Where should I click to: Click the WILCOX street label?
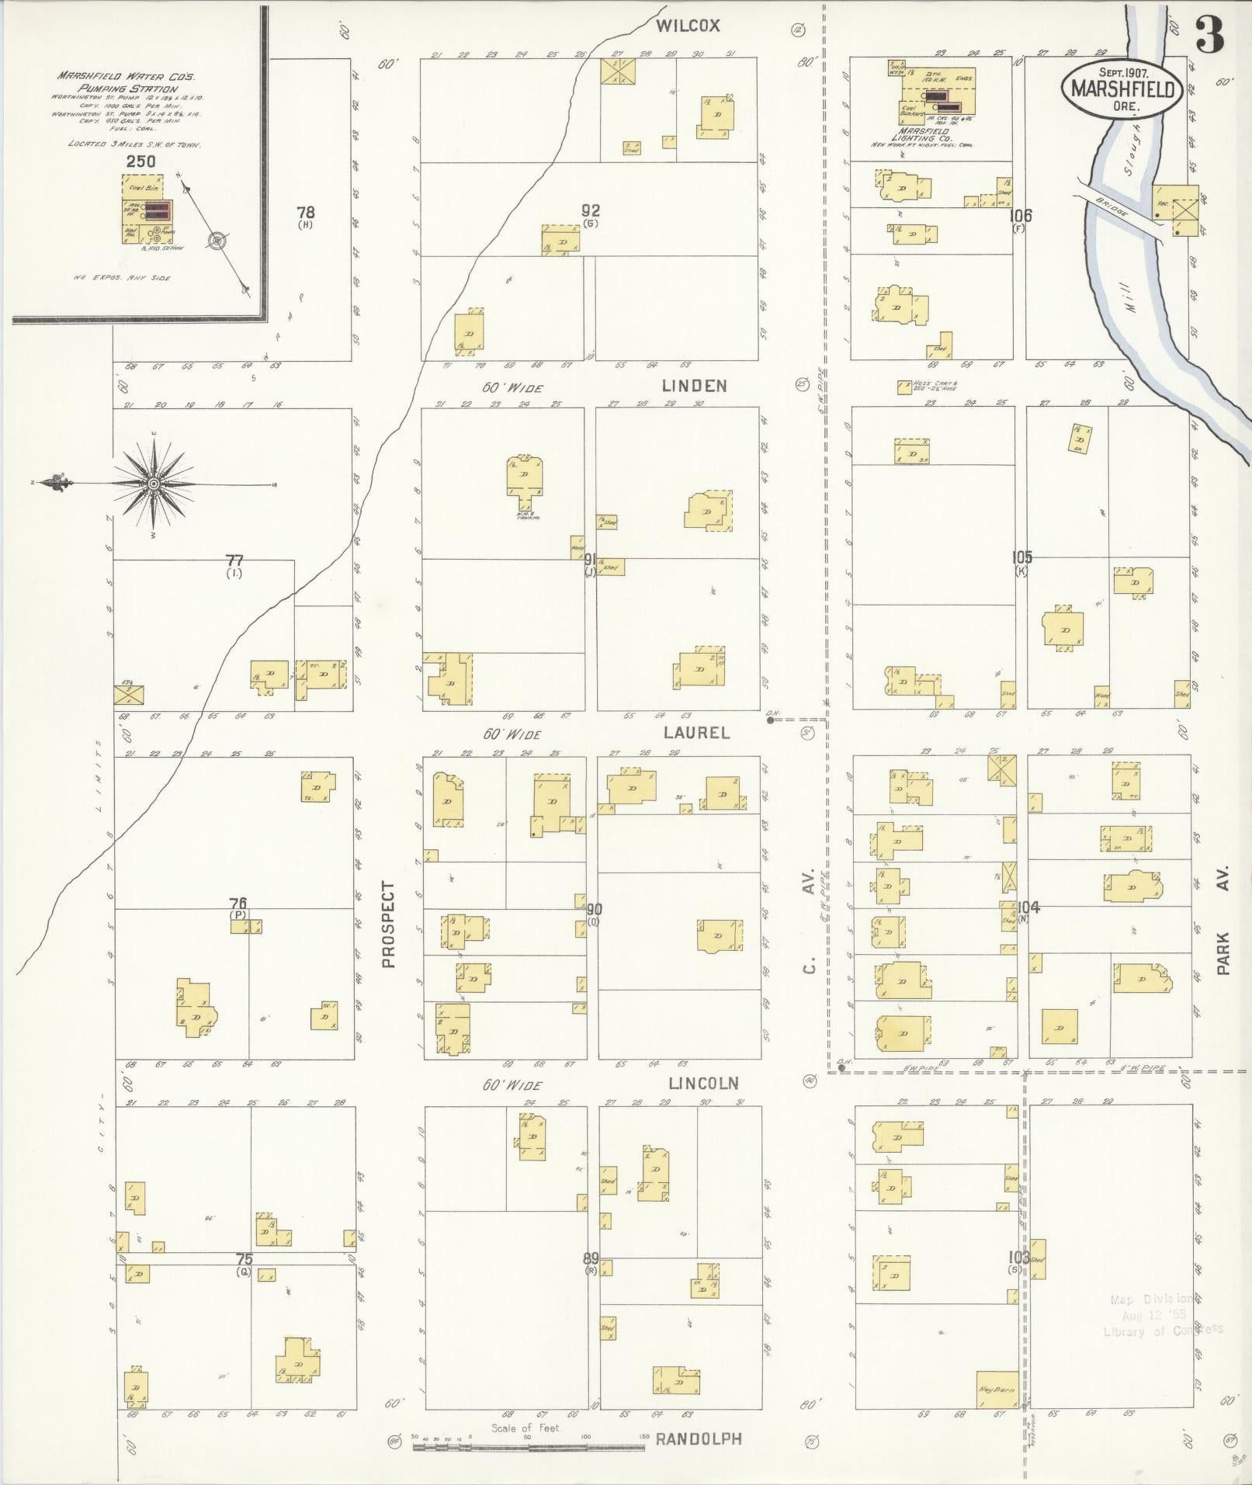688,26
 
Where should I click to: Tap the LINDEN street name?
694,386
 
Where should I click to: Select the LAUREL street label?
696,732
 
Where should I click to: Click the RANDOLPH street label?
699,1438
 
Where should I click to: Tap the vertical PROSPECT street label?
389,925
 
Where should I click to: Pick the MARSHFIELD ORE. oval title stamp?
1122,90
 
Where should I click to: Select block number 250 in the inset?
140,161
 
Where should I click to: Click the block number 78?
305,211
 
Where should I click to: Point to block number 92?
591,210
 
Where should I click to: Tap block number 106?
1020,216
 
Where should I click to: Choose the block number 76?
238,903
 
